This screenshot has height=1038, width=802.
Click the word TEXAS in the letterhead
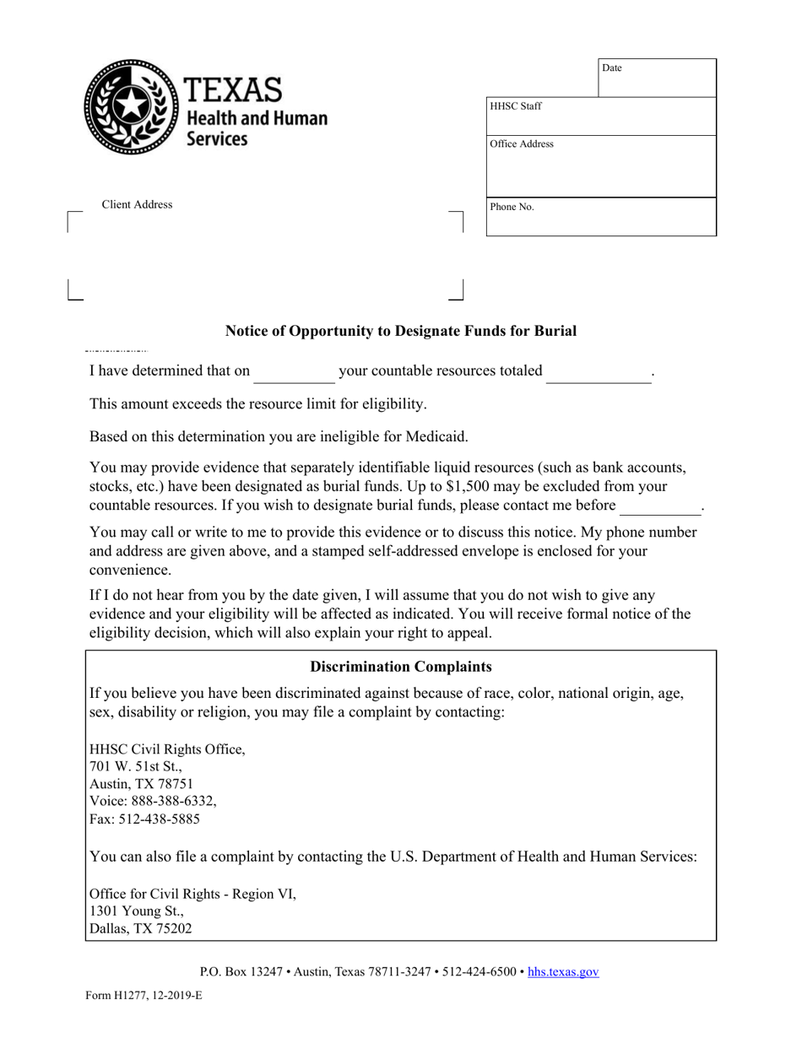click(x=232, y=90)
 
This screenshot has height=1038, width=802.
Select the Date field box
click(x=657, y=78)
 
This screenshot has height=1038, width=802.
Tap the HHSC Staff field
click(x=601, y=116)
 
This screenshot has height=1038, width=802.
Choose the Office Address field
click(x=601, y=166)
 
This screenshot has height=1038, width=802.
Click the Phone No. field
click(x=601, y=217)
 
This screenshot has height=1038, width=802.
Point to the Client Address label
click(x=137, y=205)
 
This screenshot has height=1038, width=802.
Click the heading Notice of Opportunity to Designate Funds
click(x=401, y=331)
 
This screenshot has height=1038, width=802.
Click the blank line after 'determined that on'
click(x=294, y=373)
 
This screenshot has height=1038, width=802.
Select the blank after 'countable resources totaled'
click(x=599, y=373)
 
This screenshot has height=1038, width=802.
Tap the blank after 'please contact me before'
click(x=660, y=506)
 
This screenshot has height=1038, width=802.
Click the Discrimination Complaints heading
click(x=401, y=667)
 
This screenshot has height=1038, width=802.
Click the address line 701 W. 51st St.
click(x=135, y=766)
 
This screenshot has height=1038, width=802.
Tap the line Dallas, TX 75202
click(x=140, y=928)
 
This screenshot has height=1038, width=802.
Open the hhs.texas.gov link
click(x=563, y=972)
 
